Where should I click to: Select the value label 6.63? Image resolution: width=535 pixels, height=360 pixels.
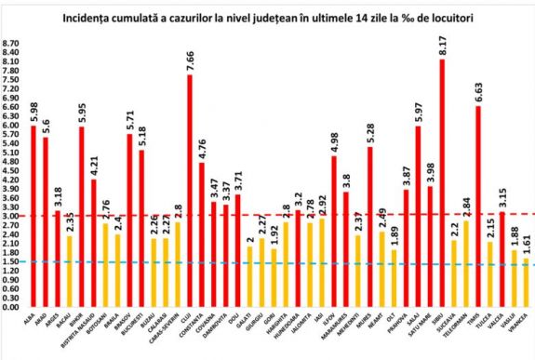477,92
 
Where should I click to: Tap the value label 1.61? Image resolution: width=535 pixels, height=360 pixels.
526,245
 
